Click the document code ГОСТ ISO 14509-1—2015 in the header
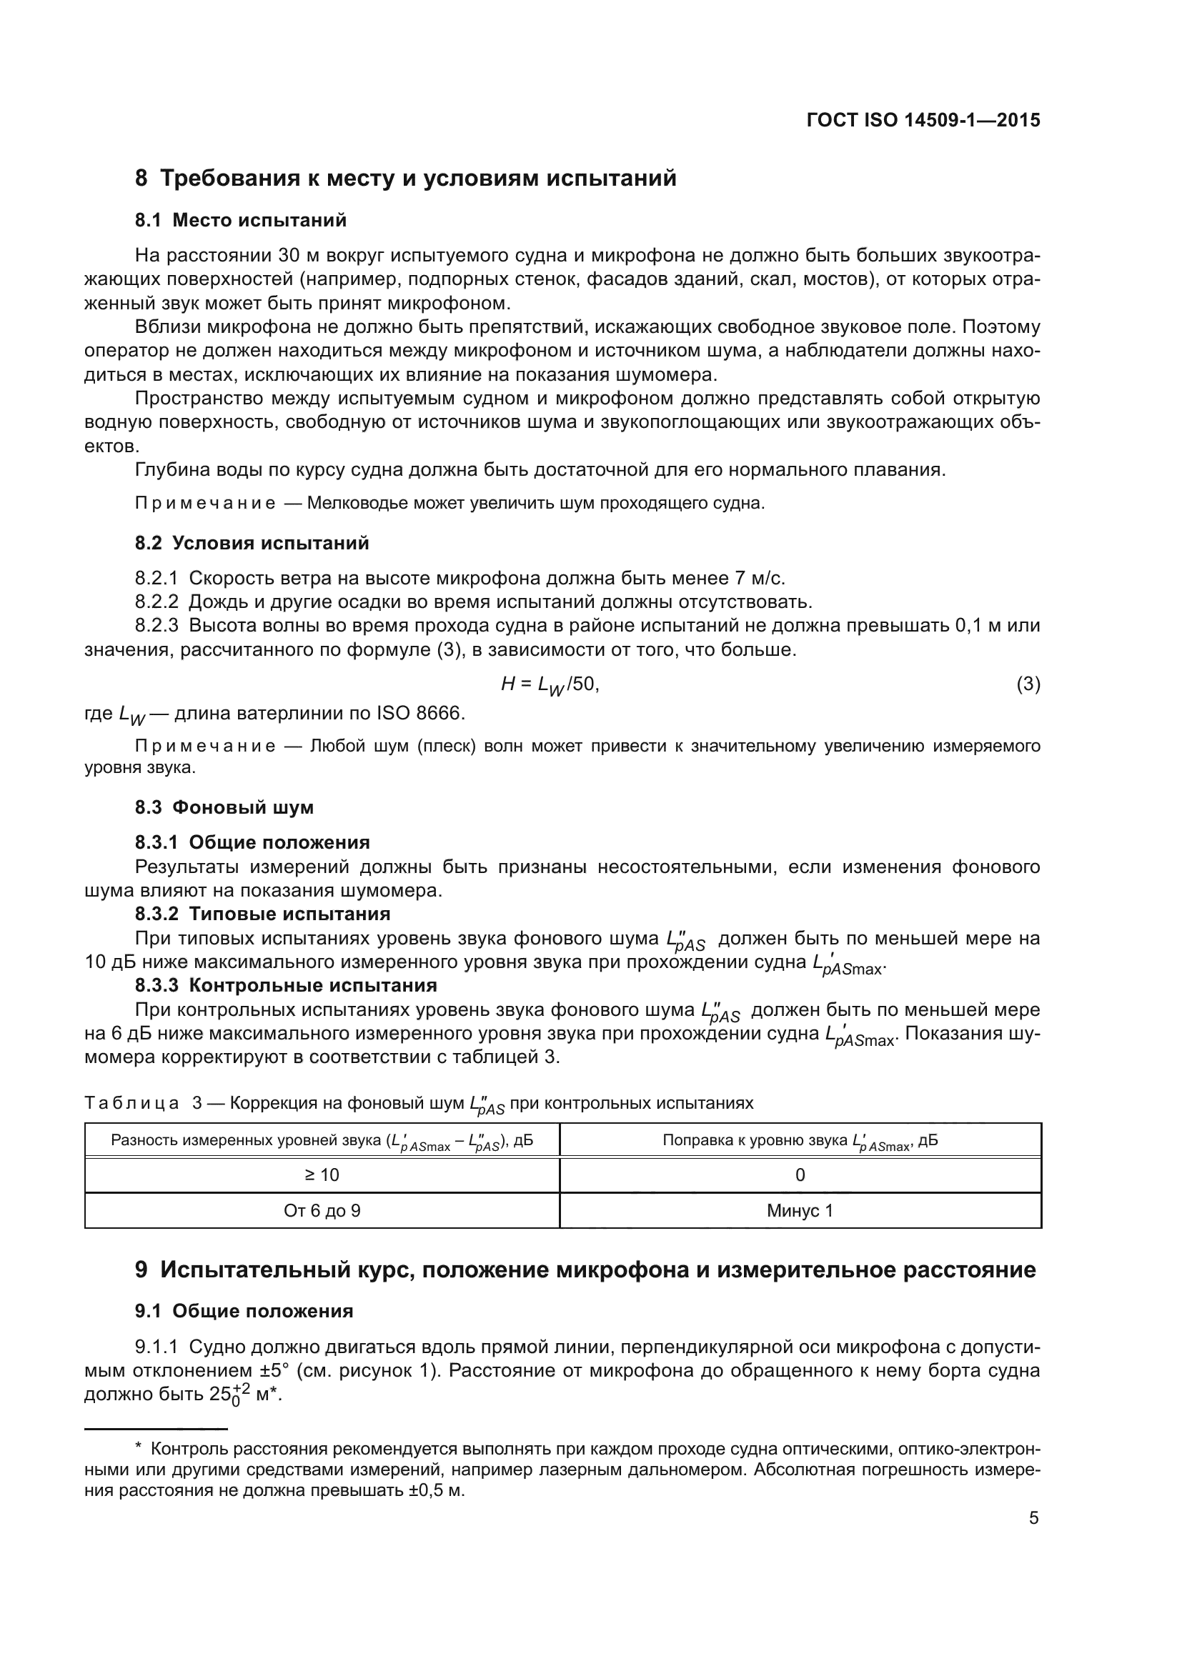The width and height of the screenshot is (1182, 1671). coord(923,120)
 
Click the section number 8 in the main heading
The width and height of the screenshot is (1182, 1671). coord(141,179)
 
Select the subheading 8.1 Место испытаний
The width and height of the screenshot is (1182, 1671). coord(240,220)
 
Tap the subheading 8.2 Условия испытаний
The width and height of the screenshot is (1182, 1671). coord(252,543)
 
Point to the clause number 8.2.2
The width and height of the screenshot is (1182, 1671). coord(157,602)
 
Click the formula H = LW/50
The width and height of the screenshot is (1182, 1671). coord(550,684)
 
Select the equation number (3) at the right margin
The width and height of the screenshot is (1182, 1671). coord(1028,684)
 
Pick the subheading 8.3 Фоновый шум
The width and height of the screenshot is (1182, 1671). coord(224,807)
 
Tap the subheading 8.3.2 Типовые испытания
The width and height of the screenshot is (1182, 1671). coord(262,914)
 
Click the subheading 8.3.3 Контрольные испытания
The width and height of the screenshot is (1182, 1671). coord(285,985)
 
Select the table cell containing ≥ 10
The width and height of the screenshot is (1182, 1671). coord(322,1175)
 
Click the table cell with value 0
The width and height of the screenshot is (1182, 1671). coord(800,1175)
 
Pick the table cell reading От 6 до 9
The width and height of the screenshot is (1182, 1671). coord(322,1211)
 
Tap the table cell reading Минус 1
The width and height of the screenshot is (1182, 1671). coord(800,1211)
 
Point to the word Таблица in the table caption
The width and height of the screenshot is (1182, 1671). coord(131,1103)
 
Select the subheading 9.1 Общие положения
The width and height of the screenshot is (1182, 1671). coord(244,1311)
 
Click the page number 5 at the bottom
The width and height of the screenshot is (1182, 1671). coord(1033,1518)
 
